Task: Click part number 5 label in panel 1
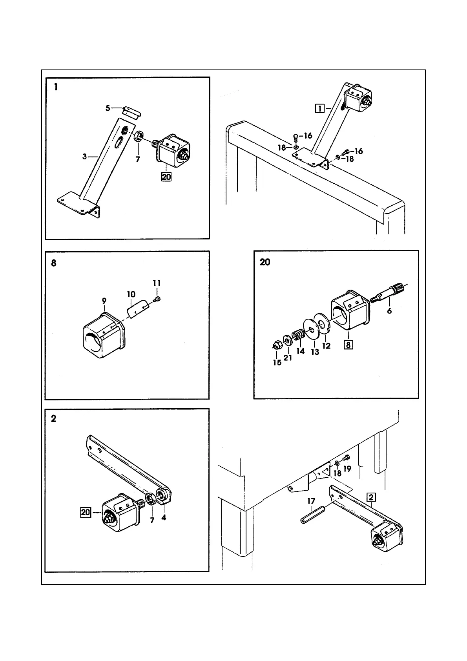pos(108,108)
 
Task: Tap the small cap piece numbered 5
pos(131,111)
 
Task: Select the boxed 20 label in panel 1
pos(166,177)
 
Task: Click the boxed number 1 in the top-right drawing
pos(320,108)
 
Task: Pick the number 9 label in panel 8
pos(104,301)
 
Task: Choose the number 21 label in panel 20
pos(288,358)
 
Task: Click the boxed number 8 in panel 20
pos(348,345)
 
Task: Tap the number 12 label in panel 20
pos(327,346)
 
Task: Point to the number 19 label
pos(347,468)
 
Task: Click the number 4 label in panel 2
pos(164,518)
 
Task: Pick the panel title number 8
pos(54,263)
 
